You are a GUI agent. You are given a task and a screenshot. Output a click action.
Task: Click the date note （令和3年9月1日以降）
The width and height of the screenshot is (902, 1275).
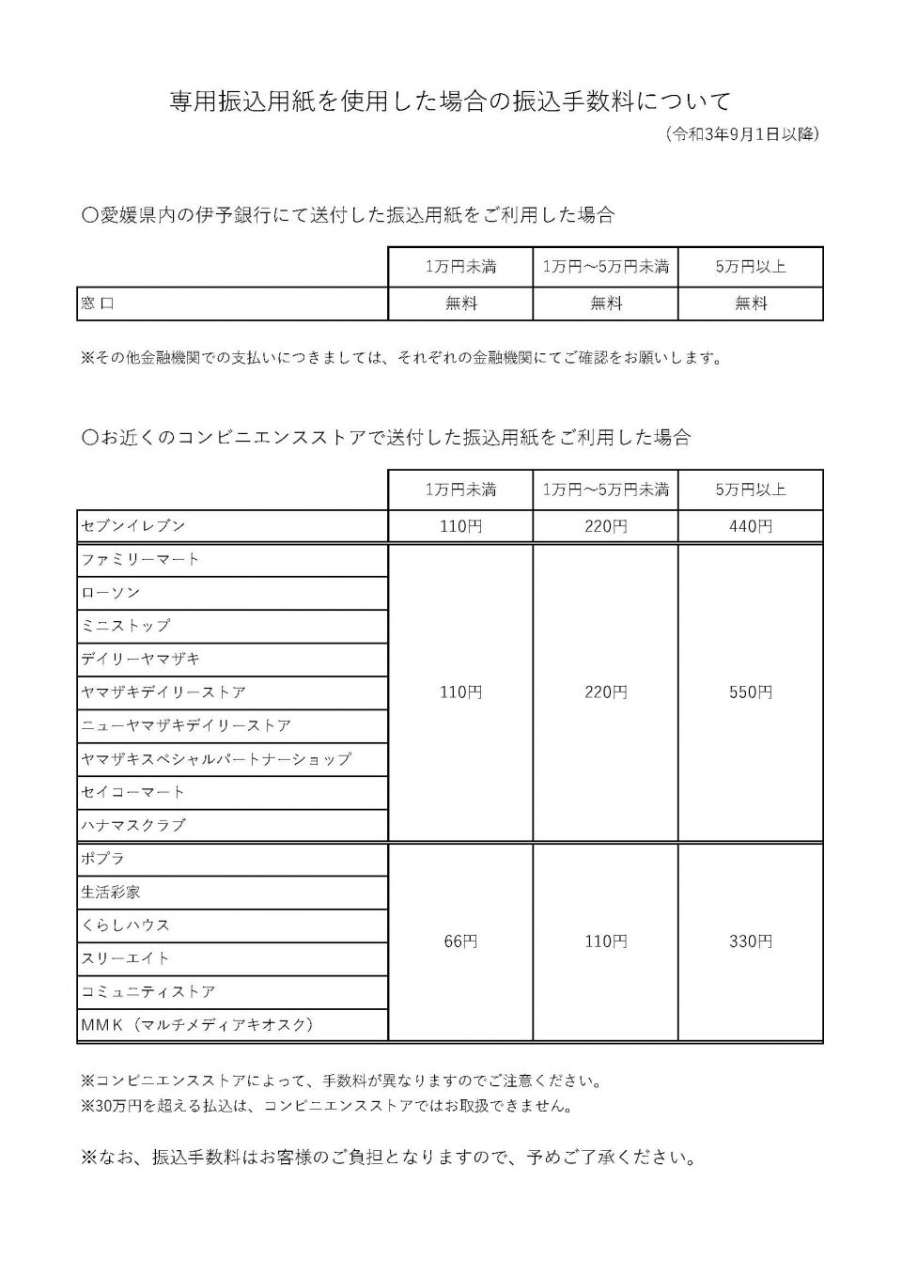tap(742, 134)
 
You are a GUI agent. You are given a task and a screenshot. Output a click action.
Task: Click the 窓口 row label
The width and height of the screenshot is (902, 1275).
tap(98, 303)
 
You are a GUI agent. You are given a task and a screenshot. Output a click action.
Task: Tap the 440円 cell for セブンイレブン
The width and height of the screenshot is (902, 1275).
tap(750, 526)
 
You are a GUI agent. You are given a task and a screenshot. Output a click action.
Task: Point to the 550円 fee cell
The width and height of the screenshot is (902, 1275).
tap(750, 692)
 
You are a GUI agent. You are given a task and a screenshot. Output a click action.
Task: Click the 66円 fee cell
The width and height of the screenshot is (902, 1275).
tap(460, 941)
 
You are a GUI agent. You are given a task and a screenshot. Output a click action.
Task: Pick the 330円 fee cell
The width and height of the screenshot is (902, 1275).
tap(750, 941)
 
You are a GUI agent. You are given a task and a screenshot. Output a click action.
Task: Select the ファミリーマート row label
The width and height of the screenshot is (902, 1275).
tap(141, 559)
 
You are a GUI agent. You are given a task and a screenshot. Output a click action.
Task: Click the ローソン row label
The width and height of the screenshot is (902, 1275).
tap(111, 593)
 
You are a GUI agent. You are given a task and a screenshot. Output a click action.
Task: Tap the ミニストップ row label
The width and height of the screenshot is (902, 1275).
tap(126, 626)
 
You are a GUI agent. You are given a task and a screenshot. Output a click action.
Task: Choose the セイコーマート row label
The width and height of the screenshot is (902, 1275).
tap(133, 792)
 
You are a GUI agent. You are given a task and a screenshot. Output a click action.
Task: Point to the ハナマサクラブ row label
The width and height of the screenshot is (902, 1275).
tap(133, 825)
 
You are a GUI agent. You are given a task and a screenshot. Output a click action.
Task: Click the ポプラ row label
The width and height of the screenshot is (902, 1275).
tap(103, 859)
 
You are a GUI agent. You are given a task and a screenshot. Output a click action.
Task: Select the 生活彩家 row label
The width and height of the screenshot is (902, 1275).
tap(111, 892)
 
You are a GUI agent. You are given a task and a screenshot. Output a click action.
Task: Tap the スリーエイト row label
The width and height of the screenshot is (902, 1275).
tap(126, 958)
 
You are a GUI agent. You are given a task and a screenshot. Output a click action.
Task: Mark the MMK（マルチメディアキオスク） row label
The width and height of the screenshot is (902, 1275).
tap(197, 1025)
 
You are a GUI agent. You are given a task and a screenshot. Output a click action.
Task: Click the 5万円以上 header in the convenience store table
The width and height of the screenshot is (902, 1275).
tap(750, 490)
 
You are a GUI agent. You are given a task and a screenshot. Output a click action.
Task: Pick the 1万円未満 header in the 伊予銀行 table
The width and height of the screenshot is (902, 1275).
tap(460, 267)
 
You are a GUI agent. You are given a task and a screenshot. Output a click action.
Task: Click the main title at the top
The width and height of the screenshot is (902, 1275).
tap(450, 101)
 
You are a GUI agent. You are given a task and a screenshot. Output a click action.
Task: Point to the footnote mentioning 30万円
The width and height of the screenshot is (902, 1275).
tap(327, 1106)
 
